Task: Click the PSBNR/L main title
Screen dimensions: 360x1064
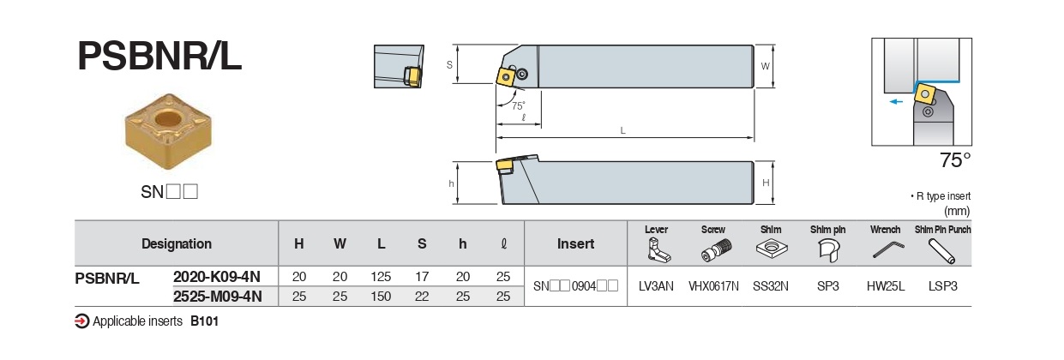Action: pos(159,57)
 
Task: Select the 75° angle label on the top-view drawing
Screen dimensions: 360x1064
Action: pos(518,105)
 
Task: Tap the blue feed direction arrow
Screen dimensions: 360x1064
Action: pos(895,100)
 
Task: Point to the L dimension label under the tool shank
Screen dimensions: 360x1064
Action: pos(623,130)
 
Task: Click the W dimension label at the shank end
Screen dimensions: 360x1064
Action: pos(766,66)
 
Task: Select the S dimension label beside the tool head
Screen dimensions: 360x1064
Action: pos(450,64)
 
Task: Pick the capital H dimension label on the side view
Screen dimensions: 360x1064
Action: pos(766,183)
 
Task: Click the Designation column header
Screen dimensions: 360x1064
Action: pos(177,243)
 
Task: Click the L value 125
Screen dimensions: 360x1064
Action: pos(381,277)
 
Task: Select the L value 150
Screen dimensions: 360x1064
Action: pos(381,297)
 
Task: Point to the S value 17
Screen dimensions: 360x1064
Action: pos(422,277)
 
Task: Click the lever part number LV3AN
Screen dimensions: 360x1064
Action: pos(656,286)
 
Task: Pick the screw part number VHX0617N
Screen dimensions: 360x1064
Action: pos(713,286)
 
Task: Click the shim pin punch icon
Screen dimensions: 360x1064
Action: pos(942,250)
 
